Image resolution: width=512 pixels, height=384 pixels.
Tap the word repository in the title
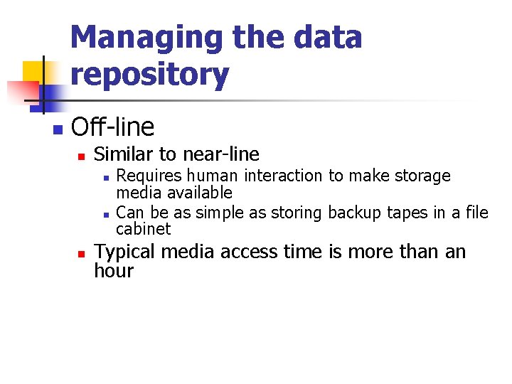tap(150, 74)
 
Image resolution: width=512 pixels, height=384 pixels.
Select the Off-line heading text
tap(113, 127)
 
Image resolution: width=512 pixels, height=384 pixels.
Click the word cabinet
tap(144, 229)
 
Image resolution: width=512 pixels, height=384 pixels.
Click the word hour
tap(114, 271)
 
